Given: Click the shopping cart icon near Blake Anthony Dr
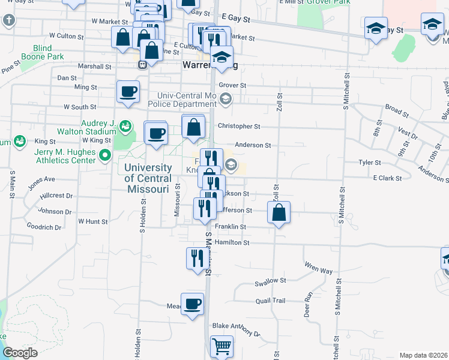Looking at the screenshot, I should click(221, 346).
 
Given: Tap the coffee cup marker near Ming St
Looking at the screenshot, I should click(128, 92).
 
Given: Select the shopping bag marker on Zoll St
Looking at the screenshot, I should click(279, 212).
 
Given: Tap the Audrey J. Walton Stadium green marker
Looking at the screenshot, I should click(125, 126).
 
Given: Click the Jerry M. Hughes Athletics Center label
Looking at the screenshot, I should click(65, 156).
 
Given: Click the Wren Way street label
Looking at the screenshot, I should click(318, 271).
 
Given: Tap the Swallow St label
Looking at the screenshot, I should click(270, 281).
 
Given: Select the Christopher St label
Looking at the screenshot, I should click(239, 127).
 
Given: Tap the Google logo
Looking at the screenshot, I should click(20, 353).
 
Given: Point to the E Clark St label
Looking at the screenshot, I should click(387, 178).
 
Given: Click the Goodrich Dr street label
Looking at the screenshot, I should click(44, 227).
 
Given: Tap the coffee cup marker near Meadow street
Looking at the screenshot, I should click(193, 304).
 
